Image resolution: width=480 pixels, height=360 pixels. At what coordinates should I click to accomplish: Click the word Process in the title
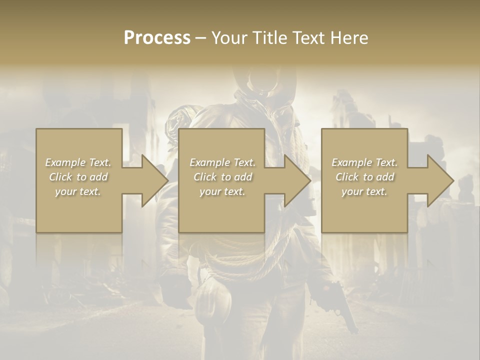point(157,38)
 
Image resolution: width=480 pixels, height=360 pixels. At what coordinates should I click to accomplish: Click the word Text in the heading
point(308,38)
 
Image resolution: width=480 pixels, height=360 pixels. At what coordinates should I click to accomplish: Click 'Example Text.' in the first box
point(78,162)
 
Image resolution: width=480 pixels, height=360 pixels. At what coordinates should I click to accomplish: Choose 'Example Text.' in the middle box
point(222,162)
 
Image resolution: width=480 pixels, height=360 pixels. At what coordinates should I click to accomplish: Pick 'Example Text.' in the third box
point(364,162)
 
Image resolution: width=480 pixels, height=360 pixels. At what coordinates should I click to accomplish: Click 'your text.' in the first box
point(78,191)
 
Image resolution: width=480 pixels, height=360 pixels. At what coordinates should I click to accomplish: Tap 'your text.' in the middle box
point(222,191)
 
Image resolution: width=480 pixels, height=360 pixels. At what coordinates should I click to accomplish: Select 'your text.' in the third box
point(364,191)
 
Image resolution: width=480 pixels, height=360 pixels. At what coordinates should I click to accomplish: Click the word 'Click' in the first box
point(60,177)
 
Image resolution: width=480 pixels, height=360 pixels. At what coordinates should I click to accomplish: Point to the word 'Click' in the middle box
point(205,177)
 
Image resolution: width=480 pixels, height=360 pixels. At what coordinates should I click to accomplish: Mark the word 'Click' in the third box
point(347,177)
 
